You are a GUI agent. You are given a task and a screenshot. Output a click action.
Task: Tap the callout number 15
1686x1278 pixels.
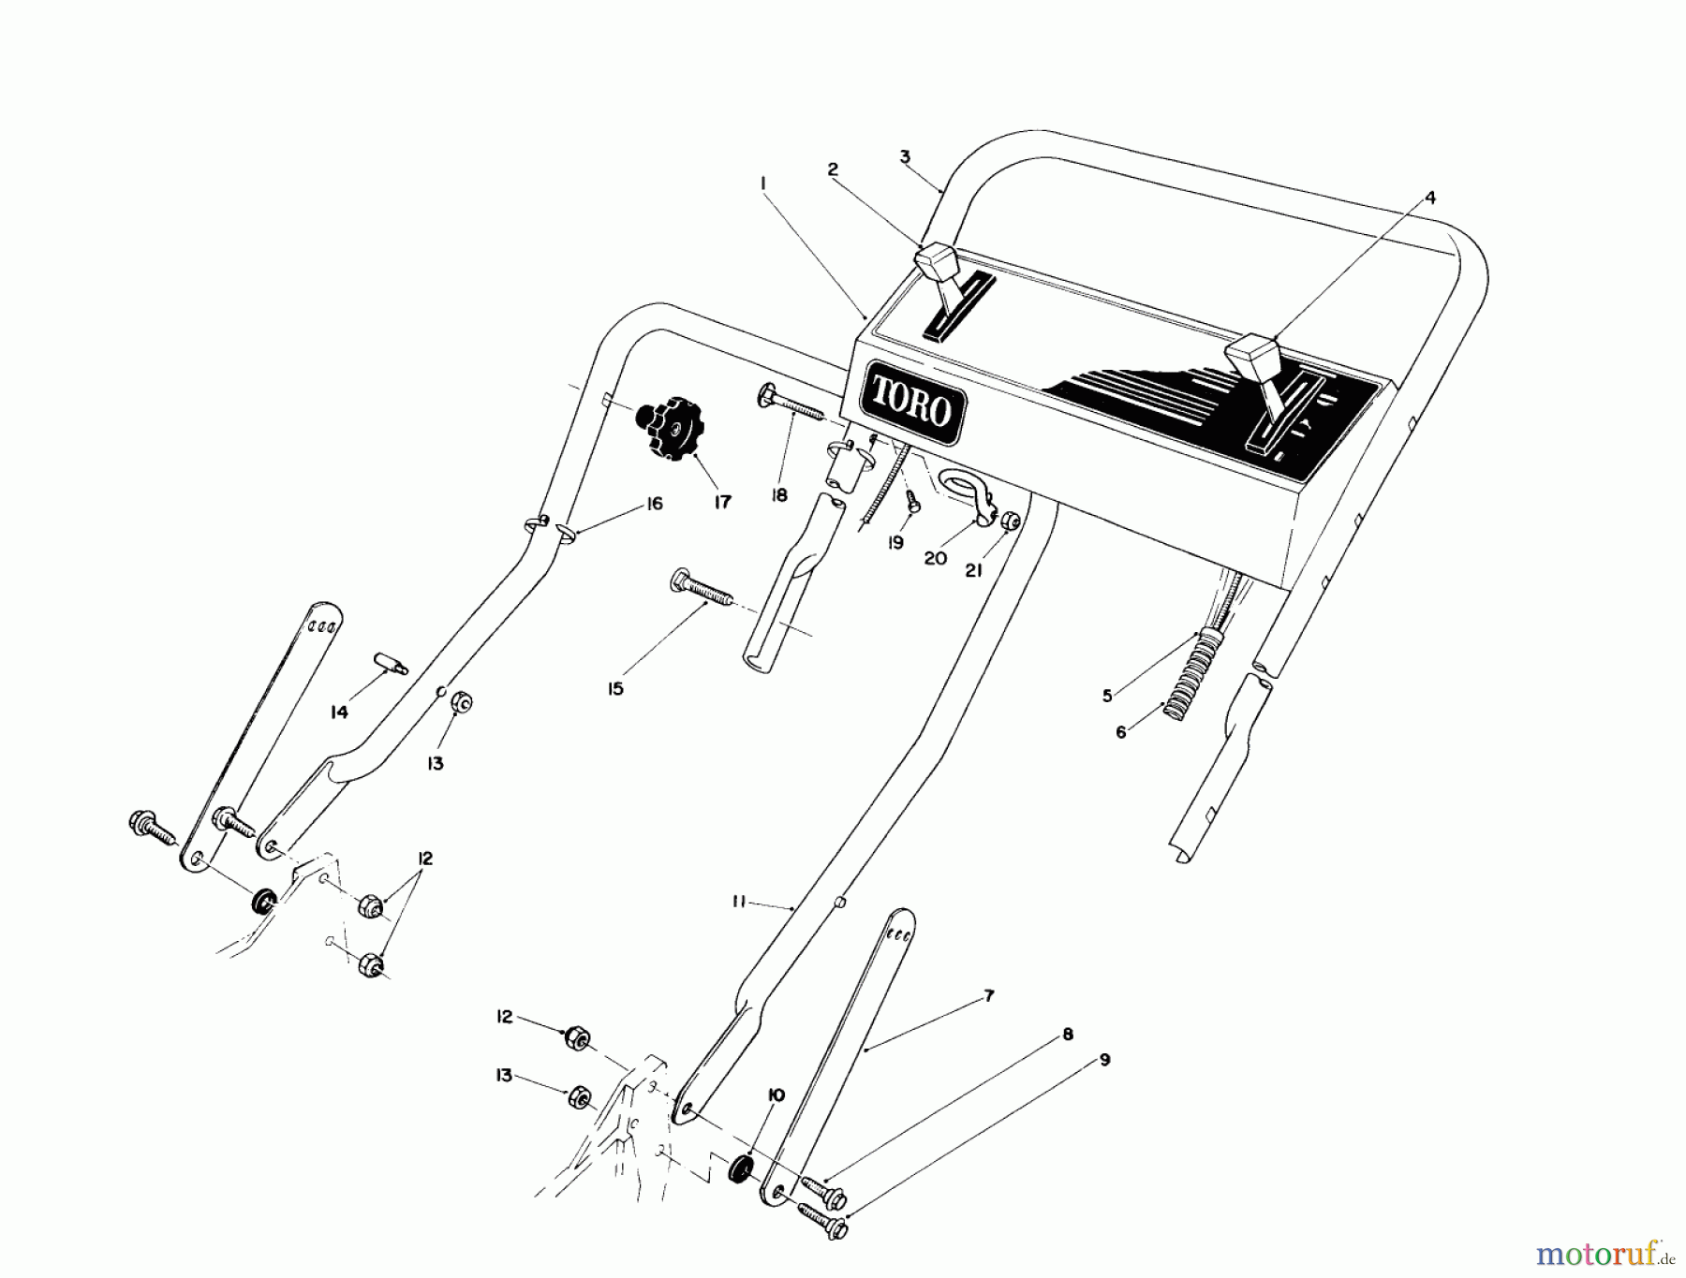point(614,689)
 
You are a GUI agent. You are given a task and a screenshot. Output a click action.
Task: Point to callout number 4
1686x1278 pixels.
point(1429,198)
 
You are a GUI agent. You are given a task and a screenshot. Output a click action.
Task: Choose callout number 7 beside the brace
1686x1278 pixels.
point(989,996)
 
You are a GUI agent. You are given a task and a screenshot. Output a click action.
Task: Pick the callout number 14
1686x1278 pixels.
point(339,712)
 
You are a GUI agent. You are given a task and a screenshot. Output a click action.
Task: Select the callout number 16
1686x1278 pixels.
point(654,504)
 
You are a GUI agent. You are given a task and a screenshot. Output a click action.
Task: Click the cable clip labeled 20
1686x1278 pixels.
point(965,490)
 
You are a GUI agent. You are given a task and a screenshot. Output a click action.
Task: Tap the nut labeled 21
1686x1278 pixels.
point(1011,521)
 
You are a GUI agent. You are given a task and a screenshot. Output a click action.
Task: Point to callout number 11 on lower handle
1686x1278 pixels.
point(739,902)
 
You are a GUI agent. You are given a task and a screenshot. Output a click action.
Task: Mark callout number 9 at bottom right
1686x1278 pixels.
point(1104,1060)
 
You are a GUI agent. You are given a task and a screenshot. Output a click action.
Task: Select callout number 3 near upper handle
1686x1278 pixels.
point(905,156)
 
